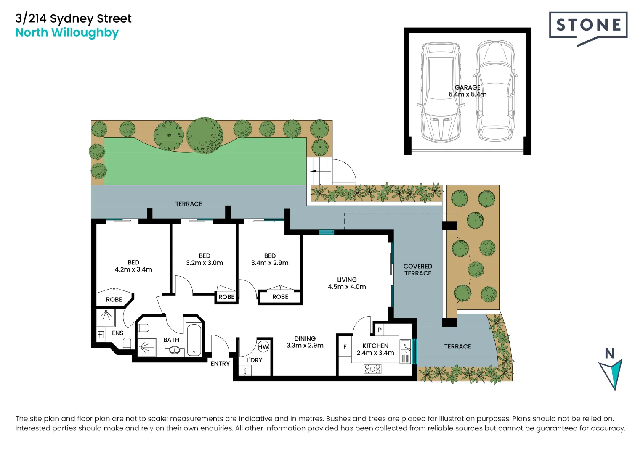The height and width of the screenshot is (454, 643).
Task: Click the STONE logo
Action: pos(588,26)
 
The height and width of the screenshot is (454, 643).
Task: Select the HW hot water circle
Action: pos(263,347)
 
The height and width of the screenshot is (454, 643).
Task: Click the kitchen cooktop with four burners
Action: pos(372,369)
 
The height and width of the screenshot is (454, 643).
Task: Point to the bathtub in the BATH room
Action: pos(194,340)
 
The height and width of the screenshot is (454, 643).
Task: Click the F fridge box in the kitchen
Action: pos(345,347)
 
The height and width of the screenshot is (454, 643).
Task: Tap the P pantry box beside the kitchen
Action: pos(380,330)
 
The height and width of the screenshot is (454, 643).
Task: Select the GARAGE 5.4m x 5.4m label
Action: pos(467,91)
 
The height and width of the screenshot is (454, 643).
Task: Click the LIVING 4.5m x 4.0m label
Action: pos(347,283)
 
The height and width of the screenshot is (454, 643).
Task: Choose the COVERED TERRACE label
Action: pos(417,269)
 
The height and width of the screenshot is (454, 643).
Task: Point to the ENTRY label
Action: pos(220,364)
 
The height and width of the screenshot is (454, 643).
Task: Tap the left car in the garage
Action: pos(441,91)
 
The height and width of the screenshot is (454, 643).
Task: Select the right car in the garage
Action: pos(495,91)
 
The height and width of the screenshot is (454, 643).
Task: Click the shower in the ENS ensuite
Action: pos(106,318)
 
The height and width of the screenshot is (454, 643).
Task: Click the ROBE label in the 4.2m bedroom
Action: pos(114,300)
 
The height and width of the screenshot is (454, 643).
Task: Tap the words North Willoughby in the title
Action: pos(67,33)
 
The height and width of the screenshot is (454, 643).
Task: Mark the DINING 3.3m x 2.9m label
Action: pos(305,342)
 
